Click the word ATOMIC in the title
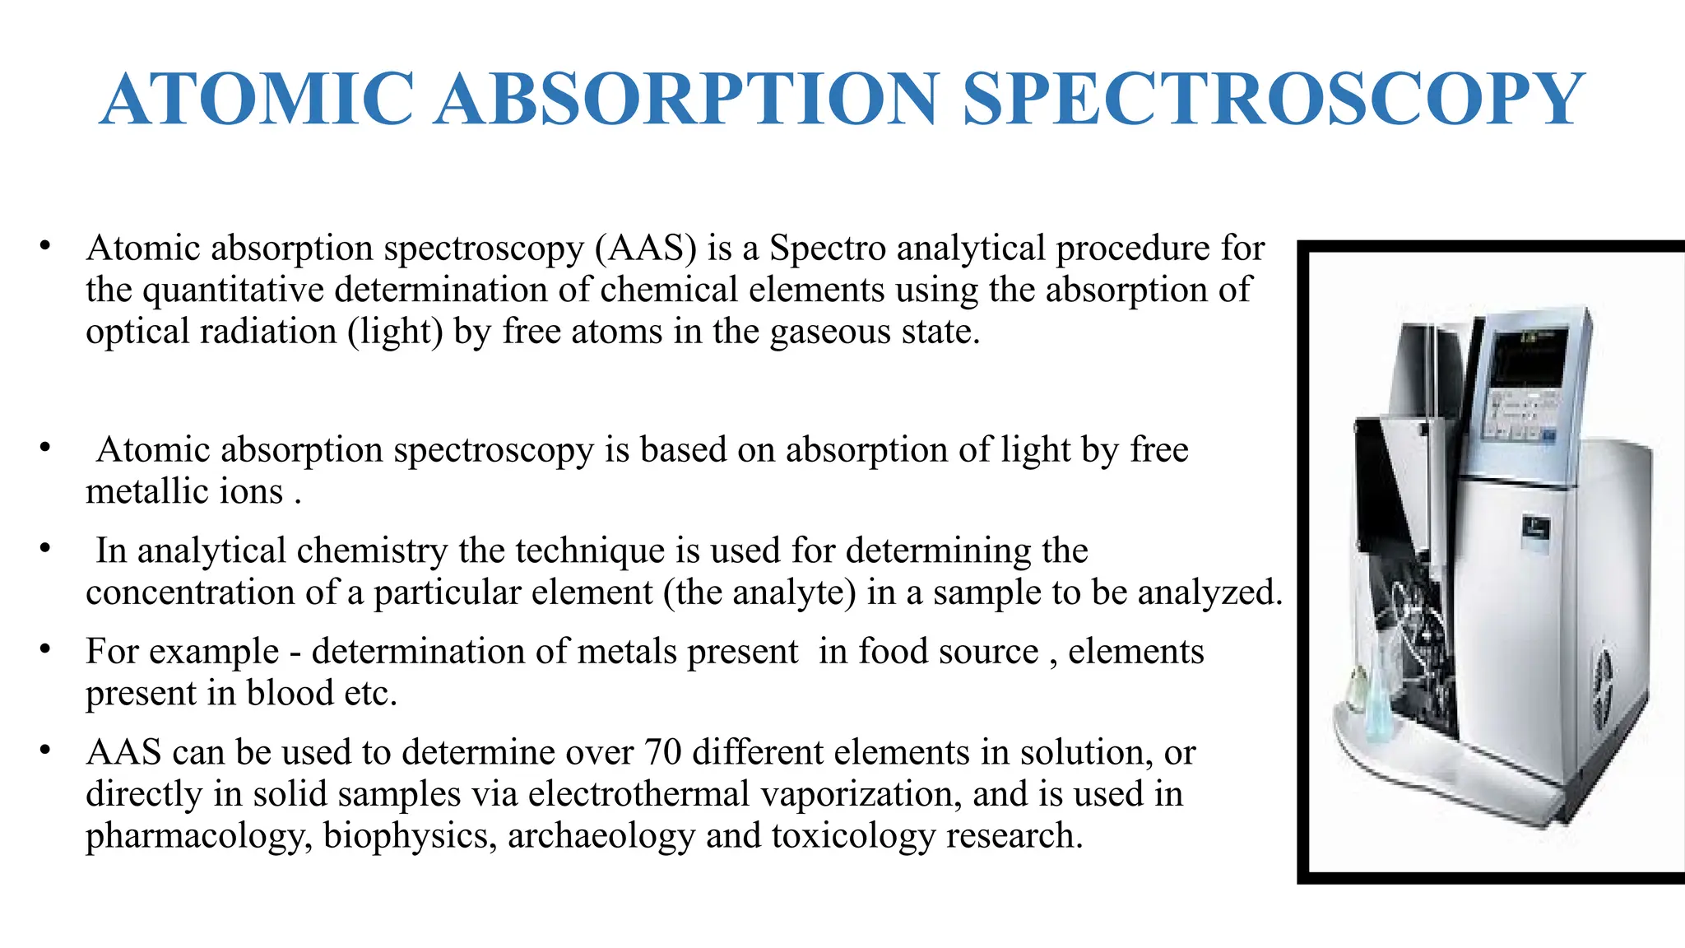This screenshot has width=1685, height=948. tap(257, 100)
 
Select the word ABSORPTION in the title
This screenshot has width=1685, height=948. tap(687, 100)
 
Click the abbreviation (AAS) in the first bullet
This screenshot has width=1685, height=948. tap(646, 248)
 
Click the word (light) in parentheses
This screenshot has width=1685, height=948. tap(396, 332)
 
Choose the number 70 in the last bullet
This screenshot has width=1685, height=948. tap(665, 752)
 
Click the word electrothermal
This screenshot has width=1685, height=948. tap(638, 794)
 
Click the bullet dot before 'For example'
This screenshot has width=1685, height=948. tap(45, 650)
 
